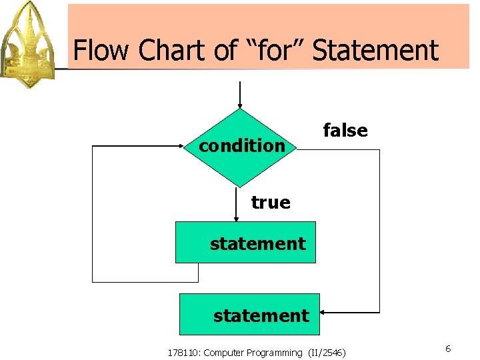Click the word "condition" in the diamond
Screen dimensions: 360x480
242,145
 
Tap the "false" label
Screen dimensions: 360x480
345,131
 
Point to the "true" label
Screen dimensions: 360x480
271,202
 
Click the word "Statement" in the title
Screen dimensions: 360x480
375,51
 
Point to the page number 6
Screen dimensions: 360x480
448,349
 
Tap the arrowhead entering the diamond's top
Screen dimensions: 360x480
240,105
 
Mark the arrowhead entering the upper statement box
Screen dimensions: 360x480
236,218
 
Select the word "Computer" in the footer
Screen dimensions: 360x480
225,353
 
